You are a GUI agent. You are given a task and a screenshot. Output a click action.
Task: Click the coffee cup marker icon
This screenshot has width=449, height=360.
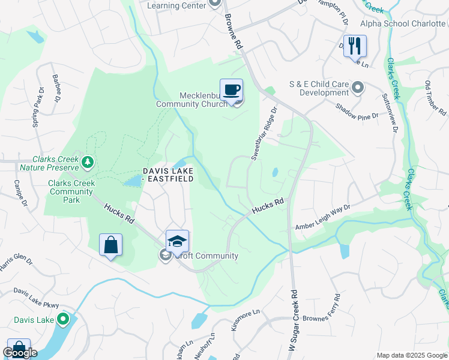point(231,91)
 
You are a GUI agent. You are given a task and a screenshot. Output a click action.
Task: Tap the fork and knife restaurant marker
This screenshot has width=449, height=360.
point(355,45)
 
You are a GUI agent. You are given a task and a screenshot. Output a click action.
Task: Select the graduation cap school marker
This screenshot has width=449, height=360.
point(177,242)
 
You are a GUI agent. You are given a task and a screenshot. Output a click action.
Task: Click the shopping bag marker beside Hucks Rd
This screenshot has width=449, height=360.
point(110,245)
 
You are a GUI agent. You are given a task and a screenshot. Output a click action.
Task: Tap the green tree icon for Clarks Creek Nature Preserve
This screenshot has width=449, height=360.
point(88,161)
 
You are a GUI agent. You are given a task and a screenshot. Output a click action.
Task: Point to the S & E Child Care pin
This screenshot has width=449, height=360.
point(358,88)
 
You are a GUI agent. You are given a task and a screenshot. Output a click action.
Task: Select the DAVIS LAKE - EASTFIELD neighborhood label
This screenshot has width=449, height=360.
point(168,175)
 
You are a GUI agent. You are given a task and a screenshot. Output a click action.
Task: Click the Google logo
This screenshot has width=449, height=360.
point(20,353)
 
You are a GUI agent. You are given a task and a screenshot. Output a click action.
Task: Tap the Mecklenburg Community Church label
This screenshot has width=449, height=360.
point(192,100)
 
